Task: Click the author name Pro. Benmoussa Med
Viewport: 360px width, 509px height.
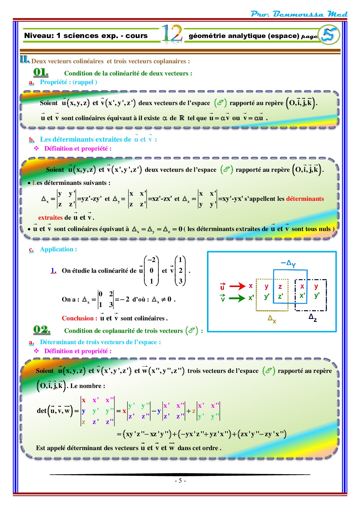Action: pos(299,14)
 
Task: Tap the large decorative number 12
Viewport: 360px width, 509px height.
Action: pos(172,34)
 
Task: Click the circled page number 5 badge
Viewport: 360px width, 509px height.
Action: pos(329,35)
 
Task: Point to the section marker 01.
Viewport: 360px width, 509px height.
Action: pos(41,72)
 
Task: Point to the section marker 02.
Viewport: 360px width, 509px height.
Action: pos(42,329)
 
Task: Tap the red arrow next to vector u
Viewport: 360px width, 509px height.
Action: pos(237,286)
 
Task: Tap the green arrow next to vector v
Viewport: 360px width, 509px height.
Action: pos(237,298)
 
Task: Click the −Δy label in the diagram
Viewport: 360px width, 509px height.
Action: pos(288,263)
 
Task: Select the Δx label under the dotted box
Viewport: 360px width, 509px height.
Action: pos(272,319)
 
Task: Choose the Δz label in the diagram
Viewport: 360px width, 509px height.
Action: pos(313,317)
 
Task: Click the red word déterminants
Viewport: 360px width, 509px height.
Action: pos(305,199)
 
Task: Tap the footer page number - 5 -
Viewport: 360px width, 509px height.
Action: pos(180,481)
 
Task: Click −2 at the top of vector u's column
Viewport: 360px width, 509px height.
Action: pos(152,260)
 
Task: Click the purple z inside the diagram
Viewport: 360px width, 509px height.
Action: pos(280,287)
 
